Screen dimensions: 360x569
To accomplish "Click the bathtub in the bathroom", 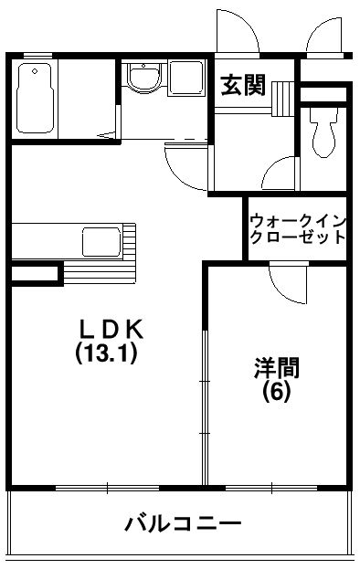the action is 35,98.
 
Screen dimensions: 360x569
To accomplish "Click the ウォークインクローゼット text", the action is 297,228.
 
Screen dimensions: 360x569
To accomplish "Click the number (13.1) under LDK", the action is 106,354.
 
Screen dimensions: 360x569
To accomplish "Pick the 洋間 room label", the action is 276,369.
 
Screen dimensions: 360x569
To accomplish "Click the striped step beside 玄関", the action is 283,96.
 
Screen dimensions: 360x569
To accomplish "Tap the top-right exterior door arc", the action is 324,37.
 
